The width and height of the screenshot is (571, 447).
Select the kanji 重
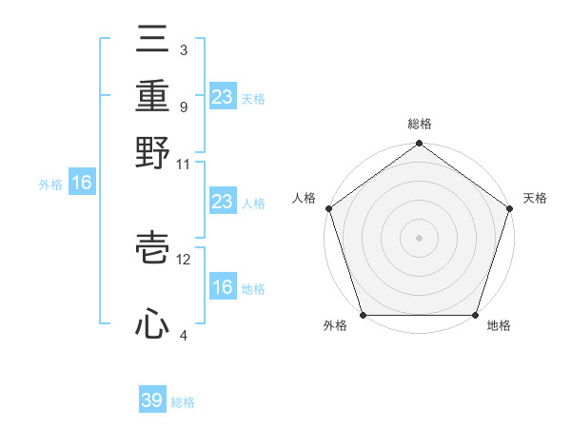coord(152,95)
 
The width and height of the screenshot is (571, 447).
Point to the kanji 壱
coord(152,249)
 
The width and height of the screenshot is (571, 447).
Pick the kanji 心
coord(152,325)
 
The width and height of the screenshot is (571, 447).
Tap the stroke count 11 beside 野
coord(184,164)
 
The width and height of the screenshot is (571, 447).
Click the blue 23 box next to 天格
coord(222,97)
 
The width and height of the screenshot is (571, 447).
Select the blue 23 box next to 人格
coord(222,202)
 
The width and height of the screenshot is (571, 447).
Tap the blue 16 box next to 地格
coord(222,287)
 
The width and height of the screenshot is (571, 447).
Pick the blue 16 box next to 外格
coord(82,184)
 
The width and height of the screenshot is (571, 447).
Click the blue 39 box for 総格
coord(152,400)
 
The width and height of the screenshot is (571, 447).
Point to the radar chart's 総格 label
coord(419,124)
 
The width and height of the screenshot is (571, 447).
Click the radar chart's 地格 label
coord(499,325)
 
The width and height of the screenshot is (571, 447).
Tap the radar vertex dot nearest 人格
coord(328,208)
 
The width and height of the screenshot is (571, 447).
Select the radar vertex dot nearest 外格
coord(363,315)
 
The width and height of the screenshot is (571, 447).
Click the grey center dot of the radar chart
coord(419,238)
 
